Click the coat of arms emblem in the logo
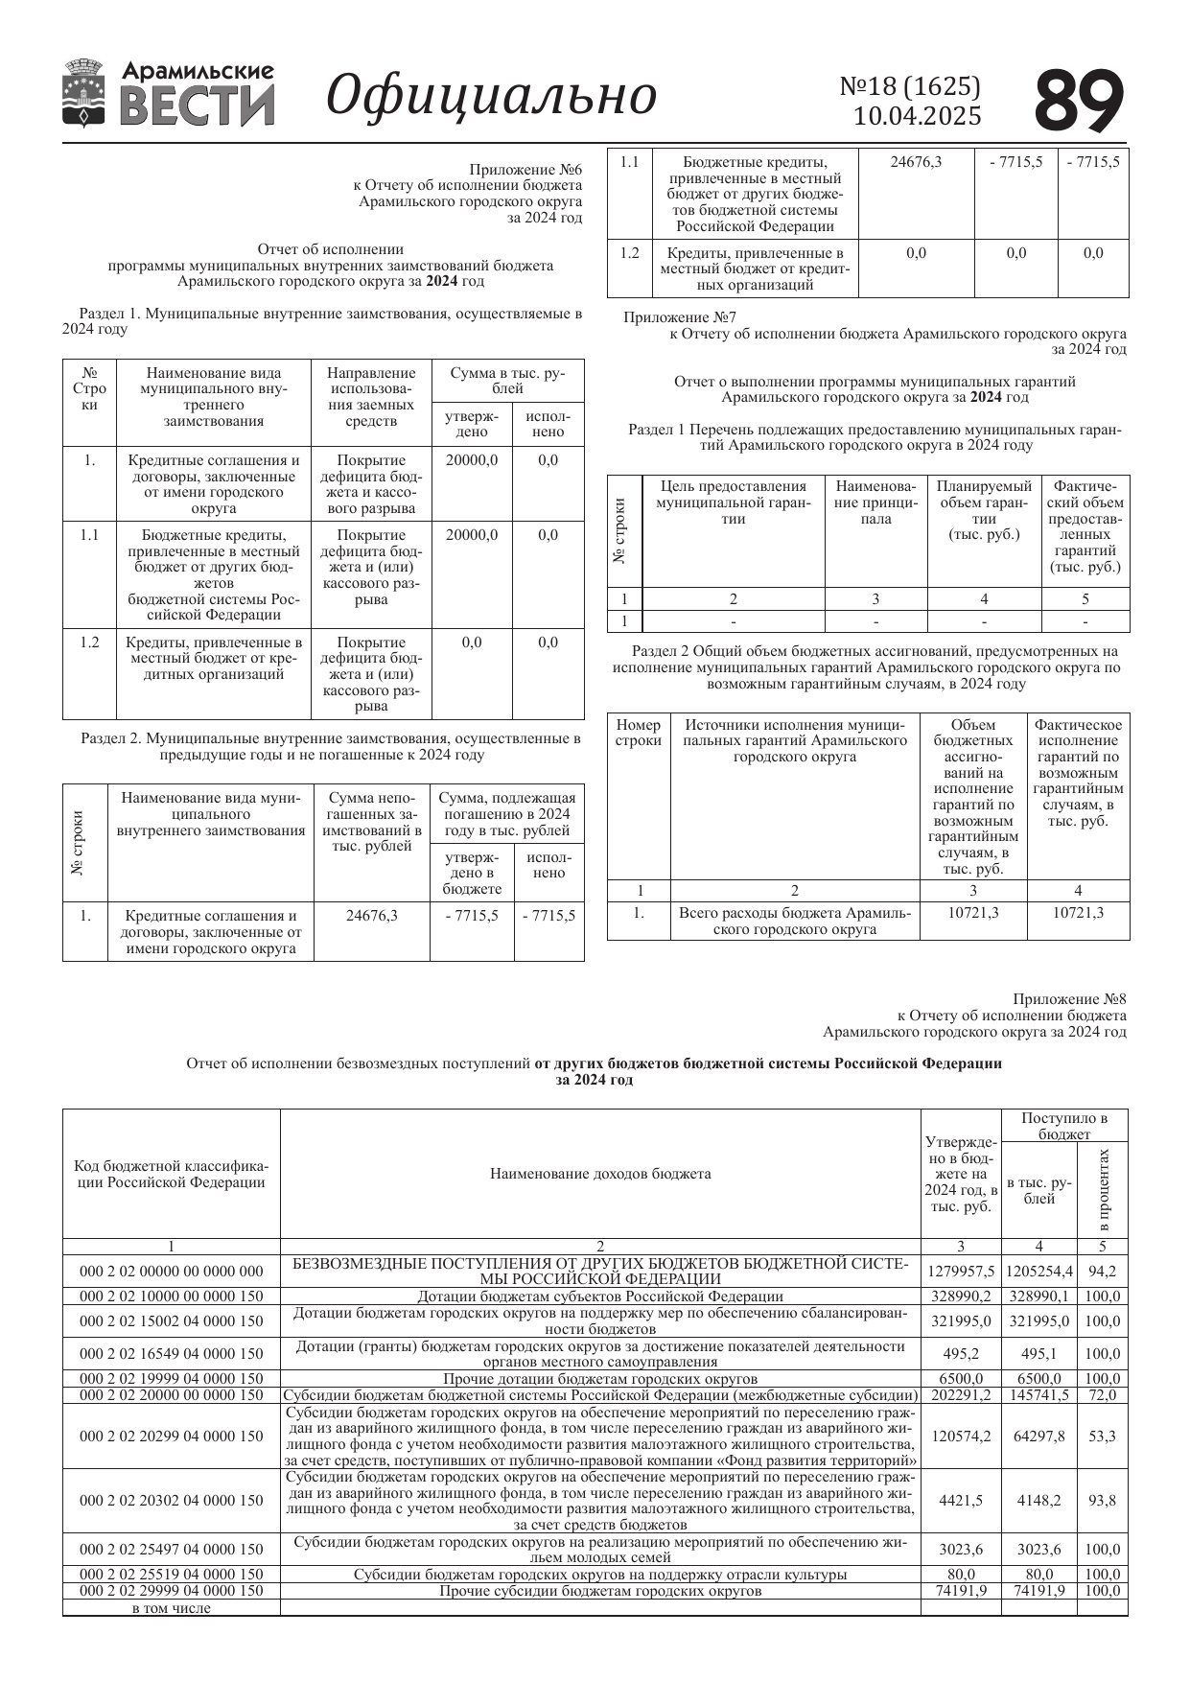[84, 93]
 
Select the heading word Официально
[492, 96]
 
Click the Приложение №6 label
[525, 170]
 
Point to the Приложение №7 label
[680, 317]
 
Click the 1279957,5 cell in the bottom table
[961, 1271]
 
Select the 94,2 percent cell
[1102, 1271]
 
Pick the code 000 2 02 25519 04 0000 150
[172, 1575]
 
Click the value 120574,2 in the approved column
[961, 1437]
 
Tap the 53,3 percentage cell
[1102, 1437]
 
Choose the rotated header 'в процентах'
[1103, 1190]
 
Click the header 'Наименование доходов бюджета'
[600, 1174]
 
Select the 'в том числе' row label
[172, 1608]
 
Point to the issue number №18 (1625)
[910, 86]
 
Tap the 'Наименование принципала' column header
[875, 502]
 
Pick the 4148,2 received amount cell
[1039, 1501]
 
